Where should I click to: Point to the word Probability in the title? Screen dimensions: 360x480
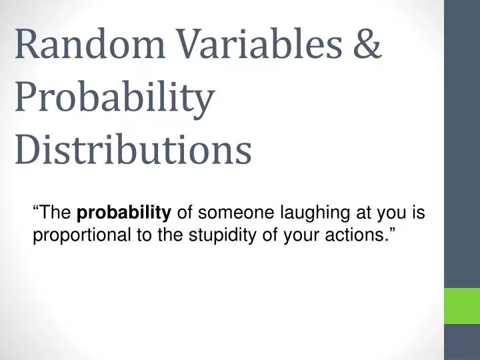click(114, 98)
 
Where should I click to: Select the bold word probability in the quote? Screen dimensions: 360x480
click(125, 213)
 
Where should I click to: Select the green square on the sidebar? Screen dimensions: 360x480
click(462, 305)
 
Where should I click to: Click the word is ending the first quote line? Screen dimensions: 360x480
click(419, 213)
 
